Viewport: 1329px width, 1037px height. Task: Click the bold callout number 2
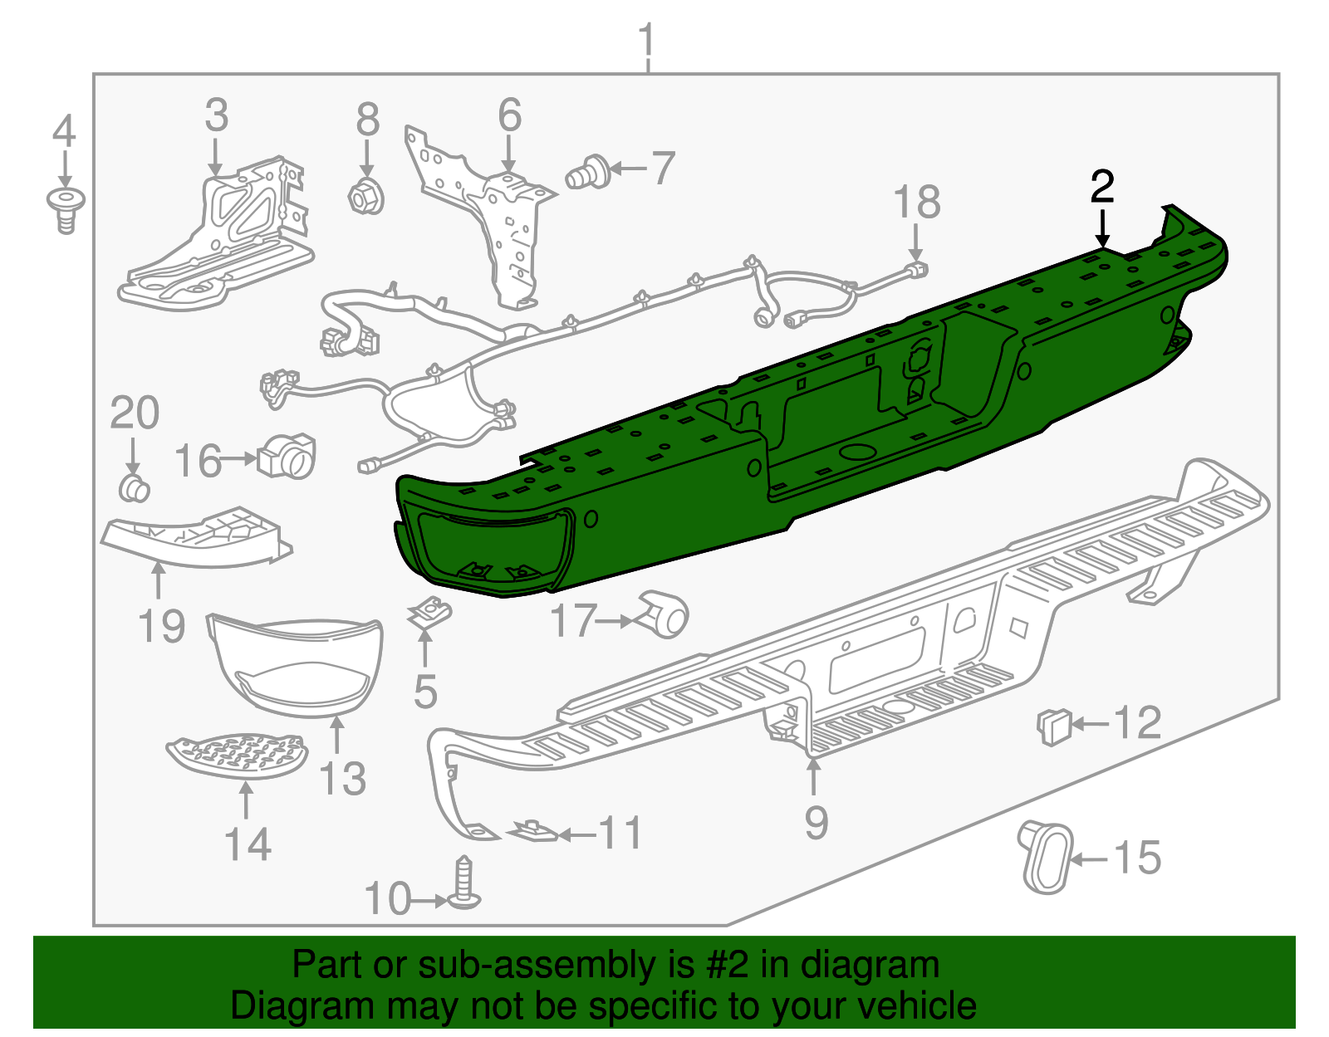pos(1101,188)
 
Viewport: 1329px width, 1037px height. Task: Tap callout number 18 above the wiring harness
pos(916,203)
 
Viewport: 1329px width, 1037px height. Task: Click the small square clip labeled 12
pos(1053,726)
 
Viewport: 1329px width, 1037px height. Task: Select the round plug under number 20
pos(133,488)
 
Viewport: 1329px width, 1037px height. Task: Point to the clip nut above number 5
pos(429,613)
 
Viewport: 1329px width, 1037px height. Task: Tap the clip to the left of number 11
pos(532,830)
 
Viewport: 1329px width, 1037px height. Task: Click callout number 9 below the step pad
pos(816,822)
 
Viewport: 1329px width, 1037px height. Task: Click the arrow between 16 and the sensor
pos(239,458)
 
